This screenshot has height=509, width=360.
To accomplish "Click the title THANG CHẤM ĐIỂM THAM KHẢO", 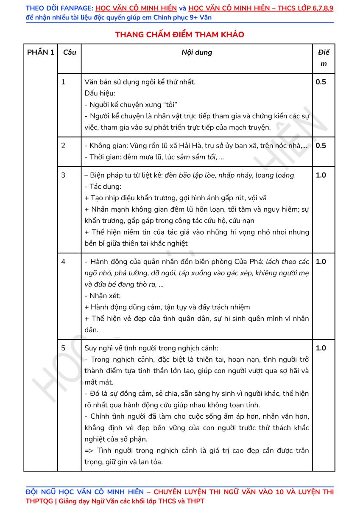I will (179, 35).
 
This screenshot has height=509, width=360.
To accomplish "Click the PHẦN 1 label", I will (41, 53).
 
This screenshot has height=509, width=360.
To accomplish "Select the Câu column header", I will (70, 53).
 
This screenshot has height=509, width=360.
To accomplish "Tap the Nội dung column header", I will (197, 53).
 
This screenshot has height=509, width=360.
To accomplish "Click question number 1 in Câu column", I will (64, 82).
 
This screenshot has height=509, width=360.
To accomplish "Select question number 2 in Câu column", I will (64, 145).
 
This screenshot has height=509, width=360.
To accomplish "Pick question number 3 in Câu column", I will (64, 175).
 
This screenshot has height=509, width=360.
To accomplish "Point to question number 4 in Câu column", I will (64, 261).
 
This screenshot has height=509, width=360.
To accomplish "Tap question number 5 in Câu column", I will (64, 348).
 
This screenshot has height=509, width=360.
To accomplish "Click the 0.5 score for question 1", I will (321, 82).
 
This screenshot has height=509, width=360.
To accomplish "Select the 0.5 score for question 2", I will (321, 145).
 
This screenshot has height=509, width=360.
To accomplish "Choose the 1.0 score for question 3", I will (321, 175).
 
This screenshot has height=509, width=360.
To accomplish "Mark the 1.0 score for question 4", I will (321, 261).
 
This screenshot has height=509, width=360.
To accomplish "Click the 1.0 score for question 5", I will (321, 348).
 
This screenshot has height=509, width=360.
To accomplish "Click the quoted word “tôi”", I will (169, 105).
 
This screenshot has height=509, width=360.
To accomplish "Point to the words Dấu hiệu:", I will (100, 93).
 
